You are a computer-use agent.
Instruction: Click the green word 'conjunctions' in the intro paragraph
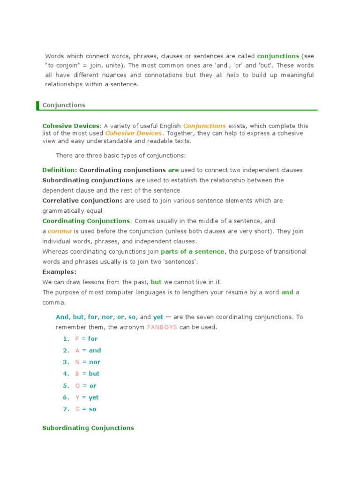click(278, 56)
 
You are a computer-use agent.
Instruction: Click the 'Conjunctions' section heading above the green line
click(64, 105)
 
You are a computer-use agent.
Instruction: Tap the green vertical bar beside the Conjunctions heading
click(37, 105)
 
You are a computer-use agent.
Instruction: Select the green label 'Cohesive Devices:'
click(72, 126)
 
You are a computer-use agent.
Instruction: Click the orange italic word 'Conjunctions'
click(204, 126)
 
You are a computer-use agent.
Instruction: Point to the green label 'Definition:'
click(60, 170)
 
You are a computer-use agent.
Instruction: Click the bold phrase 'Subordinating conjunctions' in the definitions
click(88, 180)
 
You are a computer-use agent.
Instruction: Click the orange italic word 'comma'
click(59, 231)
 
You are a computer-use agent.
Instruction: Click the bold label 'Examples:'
click(59, 272)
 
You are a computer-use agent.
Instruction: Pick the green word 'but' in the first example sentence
click(156, 282)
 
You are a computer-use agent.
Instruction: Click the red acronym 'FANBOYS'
click(162, 327)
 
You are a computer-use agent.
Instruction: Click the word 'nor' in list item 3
click(94, 362)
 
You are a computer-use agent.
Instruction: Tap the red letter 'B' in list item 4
click(77, 374)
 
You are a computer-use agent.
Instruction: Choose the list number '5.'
click(66, 386)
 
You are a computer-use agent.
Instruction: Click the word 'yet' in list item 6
click(94, 397)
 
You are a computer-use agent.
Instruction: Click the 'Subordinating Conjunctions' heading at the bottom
click(88, 428)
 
